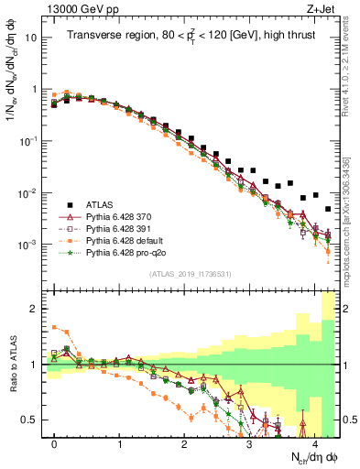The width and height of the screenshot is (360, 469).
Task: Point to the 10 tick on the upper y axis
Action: (x=34, y=38)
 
